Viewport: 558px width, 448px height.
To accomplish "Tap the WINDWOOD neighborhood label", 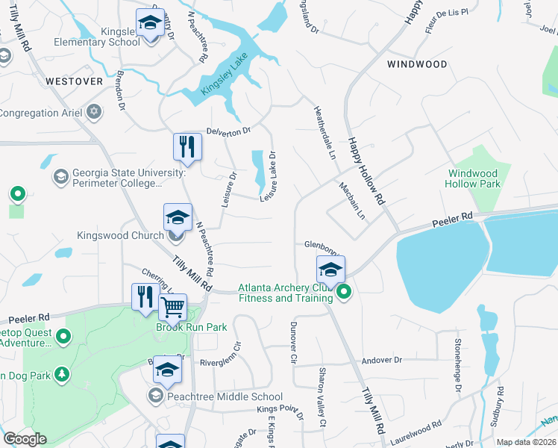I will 417,64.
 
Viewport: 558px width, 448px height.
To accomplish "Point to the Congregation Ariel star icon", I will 93,113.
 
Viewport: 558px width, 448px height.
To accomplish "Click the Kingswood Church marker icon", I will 176,236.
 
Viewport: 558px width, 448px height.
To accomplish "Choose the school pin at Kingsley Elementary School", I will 150,22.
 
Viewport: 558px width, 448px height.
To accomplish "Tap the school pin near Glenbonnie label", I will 330,269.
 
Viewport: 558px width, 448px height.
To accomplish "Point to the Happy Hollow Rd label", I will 365,171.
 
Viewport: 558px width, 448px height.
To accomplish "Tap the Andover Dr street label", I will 381,360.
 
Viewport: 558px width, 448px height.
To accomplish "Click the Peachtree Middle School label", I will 225,396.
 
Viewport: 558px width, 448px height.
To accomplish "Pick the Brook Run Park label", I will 180,327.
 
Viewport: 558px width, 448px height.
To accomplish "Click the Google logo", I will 24,439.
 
